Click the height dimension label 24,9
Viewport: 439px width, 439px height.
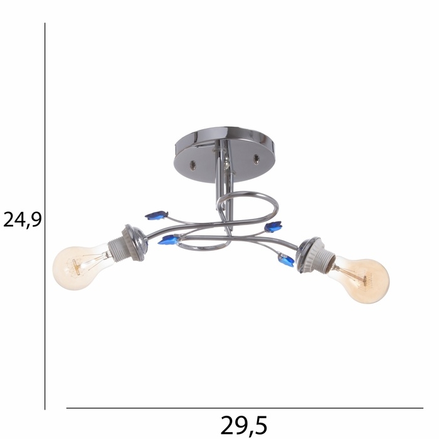click(23, 219)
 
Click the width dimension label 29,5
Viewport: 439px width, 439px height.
click(244, 425)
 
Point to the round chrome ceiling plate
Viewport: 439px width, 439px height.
click(225, 154)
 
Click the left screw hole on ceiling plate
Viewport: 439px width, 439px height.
click(193, 165)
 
